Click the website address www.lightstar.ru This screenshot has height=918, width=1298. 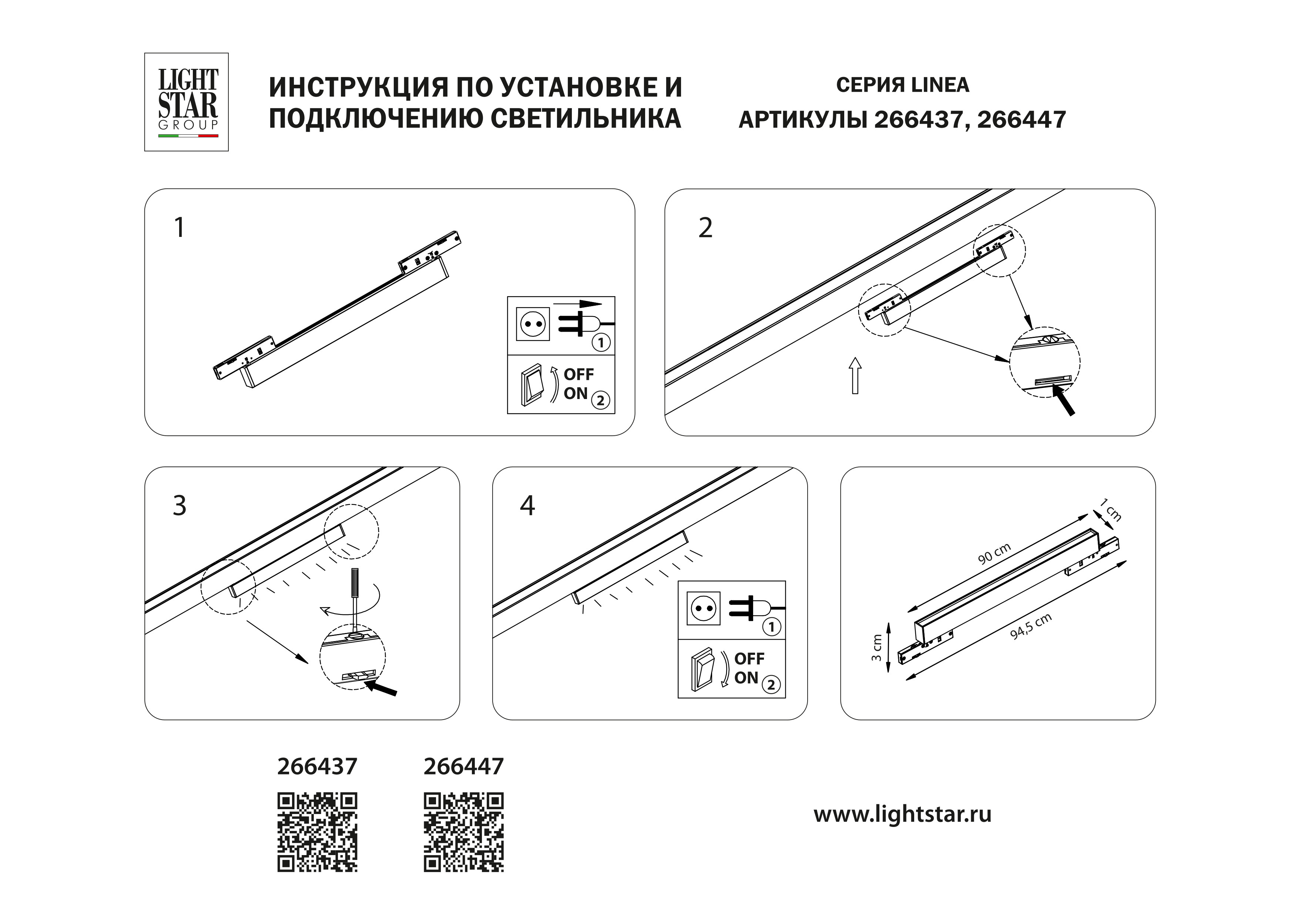(902, 815)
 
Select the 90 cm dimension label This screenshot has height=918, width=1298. (995, 554)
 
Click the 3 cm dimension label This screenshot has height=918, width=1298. (876, 648)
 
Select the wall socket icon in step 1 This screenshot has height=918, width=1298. (533, 324)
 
